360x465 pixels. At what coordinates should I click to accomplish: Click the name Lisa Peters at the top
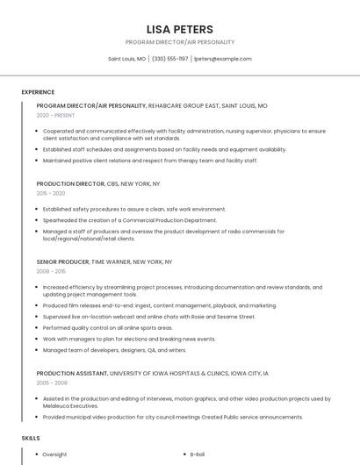179,29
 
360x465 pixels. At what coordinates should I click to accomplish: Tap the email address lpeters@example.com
222,59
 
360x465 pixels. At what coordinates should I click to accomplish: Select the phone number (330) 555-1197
170,59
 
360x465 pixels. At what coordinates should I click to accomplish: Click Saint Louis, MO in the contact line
126,59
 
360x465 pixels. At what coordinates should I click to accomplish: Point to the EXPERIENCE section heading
38,92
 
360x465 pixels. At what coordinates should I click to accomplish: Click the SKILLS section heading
31,437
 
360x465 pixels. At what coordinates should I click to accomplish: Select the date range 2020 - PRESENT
54,115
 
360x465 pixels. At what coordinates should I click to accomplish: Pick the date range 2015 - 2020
51,193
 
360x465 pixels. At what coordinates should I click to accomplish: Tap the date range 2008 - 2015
51,271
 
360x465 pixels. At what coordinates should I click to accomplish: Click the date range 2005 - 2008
51,383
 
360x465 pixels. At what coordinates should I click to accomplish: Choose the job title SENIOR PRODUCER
62,261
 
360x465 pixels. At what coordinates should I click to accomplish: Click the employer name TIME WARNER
112,261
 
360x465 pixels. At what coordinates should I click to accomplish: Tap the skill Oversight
54,454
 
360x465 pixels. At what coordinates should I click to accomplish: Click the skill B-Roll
198,454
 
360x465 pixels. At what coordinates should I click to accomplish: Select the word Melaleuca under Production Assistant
60,406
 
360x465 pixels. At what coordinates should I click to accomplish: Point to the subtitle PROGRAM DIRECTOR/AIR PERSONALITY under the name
179,42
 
